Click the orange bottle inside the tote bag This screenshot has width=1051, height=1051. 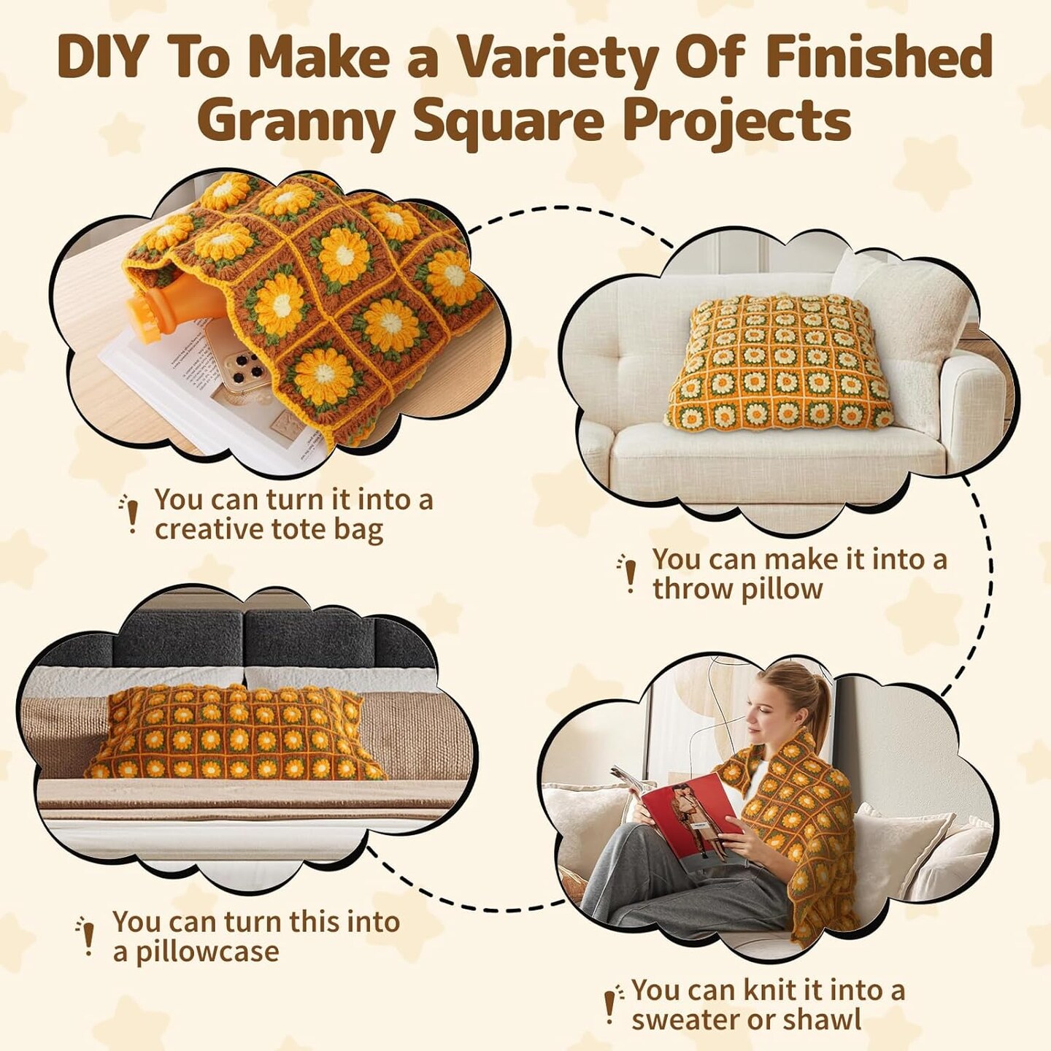pos(174,306)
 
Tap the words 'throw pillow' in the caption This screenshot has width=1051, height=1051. pos(738,589)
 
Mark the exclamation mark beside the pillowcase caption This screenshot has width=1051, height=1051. pos(87,936)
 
